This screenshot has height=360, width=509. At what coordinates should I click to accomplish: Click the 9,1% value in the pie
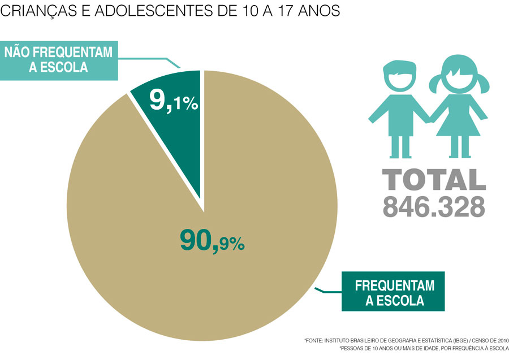point(173,100)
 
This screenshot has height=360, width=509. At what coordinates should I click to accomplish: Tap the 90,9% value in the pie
point(212,241)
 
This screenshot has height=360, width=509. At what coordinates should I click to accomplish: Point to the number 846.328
point(433,205)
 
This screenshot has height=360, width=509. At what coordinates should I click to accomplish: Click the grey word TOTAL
point(433,179)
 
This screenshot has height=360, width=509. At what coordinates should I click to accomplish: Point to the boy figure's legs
point(400,146)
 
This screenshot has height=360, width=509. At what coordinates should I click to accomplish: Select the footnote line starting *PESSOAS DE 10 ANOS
point(424,349)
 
